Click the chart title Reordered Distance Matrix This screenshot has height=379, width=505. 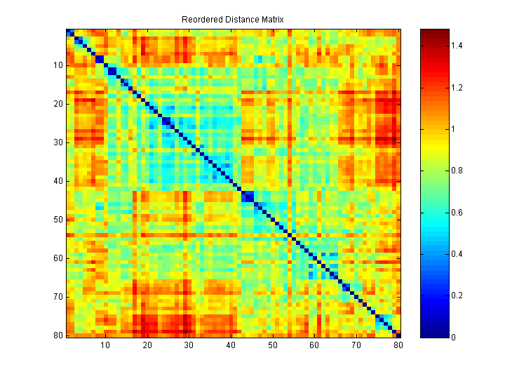pyautogui.click(x=232, y=20)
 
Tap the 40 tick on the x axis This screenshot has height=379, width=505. pyautogui.click(x=231, y=345)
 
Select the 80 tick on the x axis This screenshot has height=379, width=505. pyautogui.click(x=398, y=345)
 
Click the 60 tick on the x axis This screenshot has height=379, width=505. pyautogui.click(x=314, y=345)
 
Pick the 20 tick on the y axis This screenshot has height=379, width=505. pyautogui.click(x=59, y=104)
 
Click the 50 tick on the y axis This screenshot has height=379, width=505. pyautogui.click(x=59, y=220)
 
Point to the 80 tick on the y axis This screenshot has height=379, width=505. pyautogui.click(x=59, y=335)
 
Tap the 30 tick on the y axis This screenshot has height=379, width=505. pyautogui.click(x=59, y=142)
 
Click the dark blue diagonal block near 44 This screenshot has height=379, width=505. pyautogui.click(x=248, y=197)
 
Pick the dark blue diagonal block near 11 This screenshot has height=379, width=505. pyautogui.click(x=112, y=71)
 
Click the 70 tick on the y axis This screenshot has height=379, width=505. pyautogui.click(x=59, y=297)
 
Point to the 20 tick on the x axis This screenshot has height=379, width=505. pyautogui.click(x=147, y=345)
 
